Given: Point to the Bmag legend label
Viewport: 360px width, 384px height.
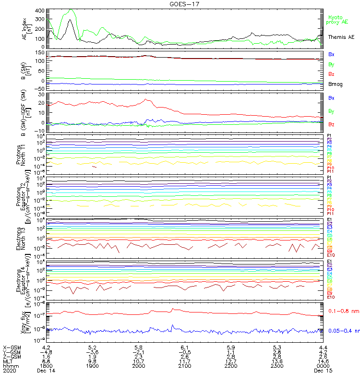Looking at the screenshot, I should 335,84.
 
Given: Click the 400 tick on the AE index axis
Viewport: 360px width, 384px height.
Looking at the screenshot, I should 39,11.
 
